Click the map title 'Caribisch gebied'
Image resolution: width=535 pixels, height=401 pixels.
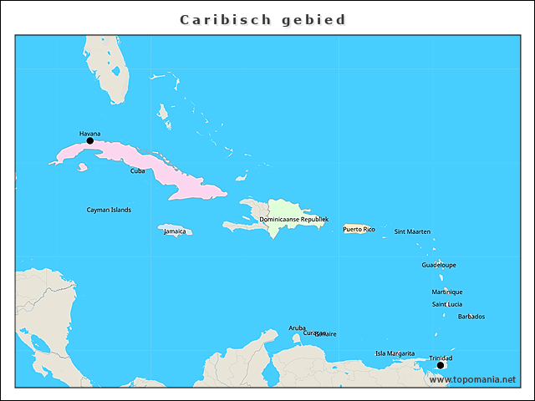(x=263, y=19)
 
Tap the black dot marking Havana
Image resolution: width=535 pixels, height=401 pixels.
(x=90, y=141)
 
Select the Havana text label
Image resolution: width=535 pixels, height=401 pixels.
(x=89, y=133)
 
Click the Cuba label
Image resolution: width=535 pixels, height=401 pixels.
(x=137, y=170)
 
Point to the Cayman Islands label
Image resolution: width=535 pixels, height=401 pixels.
(x=109, y=210)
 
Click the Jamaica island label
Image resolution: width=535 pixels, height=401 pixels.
(x=175, y=231)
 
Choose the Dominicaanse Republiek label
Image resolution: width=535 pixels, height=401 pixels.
(x=293, y=219)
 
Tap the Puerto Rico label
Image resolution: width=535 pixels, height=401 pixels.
(x=359, y=229)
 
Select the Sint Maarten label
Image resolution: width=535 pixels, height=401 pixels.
(x=412, y=231)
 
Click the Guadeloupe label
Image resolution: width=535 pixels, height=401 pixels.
(x=439, y=265)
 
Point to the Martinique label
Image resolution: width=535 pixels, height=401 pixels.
(x=446, y=292)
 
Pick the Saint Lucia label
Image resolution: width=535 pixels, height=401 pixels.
(x=446, y=304)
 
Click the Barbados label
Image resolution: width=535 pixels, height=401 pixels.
(x=471, y=317)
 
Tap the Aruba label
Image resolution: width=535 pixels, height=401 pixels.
(x=297, y=327)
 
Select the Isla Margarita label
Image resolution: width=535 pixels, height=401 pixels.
(x=395, y=353)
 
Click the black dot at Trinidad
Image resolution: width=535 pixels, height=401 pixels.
(x=441, y=365)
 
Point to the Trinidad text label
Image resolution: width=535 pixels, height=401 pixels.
(x=441, y=358)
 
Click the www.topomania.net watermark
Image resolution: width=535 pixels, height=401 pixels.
(x=471, y=379)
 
